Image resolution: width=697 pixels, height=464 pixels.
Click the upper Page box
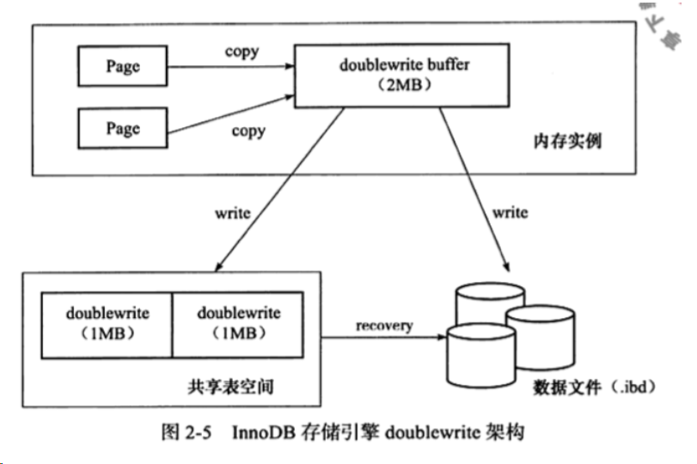pyautogui.click(x=122, y=66)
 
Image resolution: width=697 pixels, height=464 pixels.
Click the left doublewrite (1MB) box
pyautogui.click(x=107, y=322)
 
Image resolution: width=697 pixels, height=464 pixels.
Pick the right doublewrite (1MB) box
pyautogui.click(x=238, y=322)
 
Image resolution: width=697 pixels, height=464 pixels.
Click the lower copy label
pyautogui.click(x=248, y=131)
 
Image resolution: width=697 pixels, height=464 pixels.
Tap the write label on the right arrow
pyautogui.click(x=510, y=212)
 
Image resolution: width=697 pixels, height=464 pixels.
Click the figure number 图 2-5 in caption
pyautogui.click(x=193, y=431)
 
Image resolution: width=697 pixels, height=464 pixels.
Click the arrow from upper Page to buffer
pyautogui.click(x=229, y=66)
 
